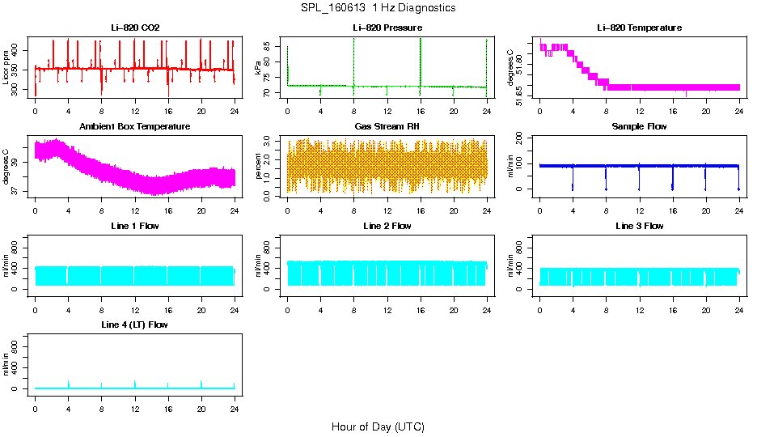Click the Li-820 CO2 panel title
135,28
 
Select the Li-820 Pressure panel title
387,28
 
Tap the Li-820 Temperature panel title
639,28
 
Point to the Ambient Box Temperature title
135,127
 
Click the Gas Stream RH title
387,127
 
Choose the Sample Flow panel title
639,127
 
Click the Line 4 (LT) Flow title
135,325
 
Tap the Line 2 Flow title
387,226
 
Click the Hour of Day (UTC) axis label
378,426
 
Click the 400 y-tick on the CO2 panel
19,50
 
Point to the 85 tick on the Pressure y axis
271,47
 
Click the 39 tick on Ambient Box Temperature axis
19,162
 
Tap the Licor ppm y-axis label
6,68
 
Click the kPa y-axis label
259,68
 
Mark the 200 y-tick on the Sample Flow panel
523,138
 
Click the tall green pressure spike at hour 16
421,57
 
